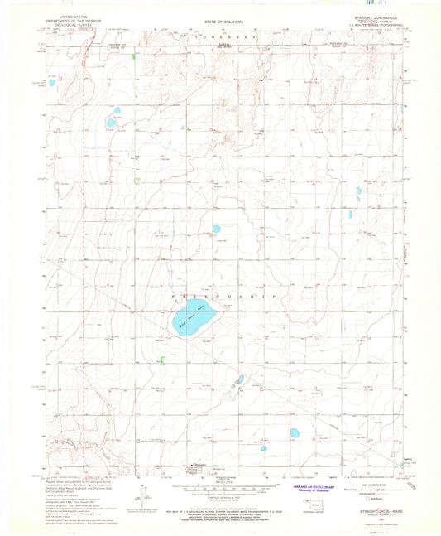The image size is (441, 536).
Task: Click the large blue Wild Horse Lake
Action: click(x=194, y=318)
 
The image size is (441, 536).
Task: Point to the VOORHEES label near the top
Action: click(x=221, y=37)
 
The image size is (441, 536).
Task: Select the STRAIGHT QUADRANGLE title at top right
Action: click(x=376, y=14)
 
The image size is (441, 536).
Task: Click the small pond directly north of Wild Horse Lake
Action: click(x=216, y=229)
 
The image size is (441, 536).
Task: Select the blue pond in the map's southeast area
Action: click(x=294, y=432)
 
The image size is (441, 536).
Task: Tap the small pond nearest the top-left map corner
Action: click(x=50, y=83)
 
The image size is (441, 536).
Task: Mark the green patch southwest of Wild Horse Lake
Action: click(x=163, y=359)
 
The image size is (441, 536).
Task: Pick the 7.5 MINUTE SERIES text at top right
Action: click(x=376, y=25)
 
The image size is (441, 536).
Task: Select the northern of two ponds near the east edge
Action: click(x=358, y=191)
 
